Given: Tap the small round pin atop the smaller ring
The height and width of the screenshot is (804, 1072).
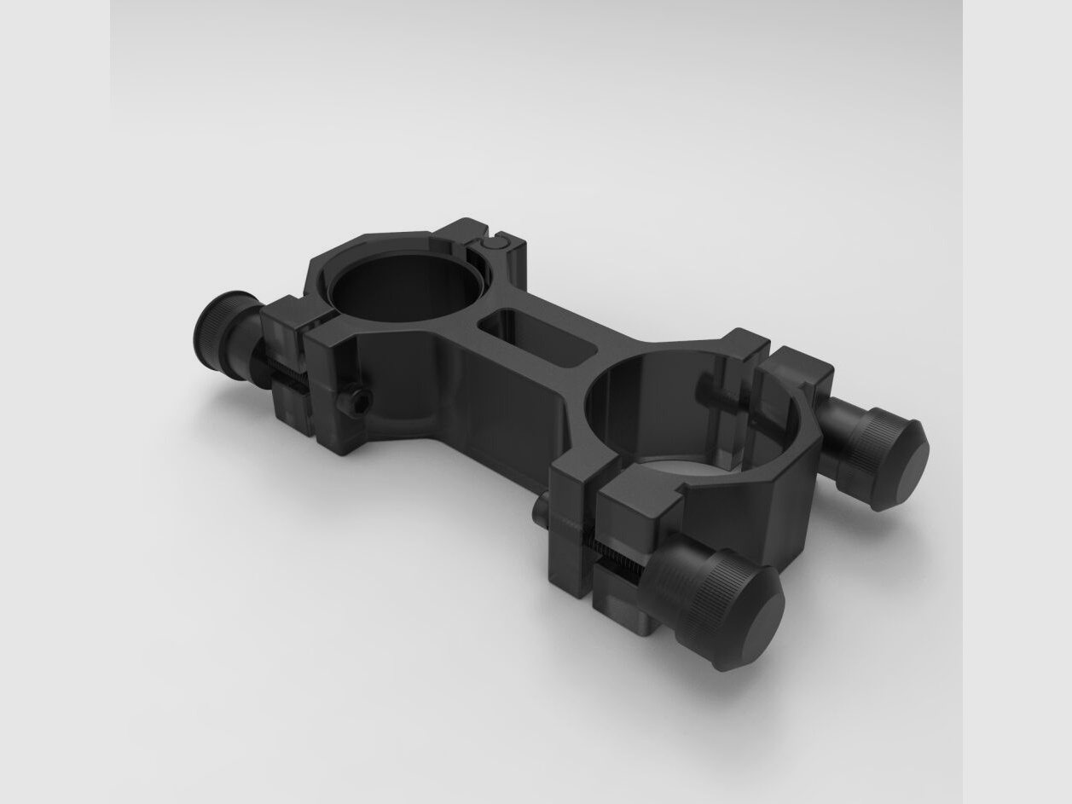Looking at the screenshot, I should [492, 243].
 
